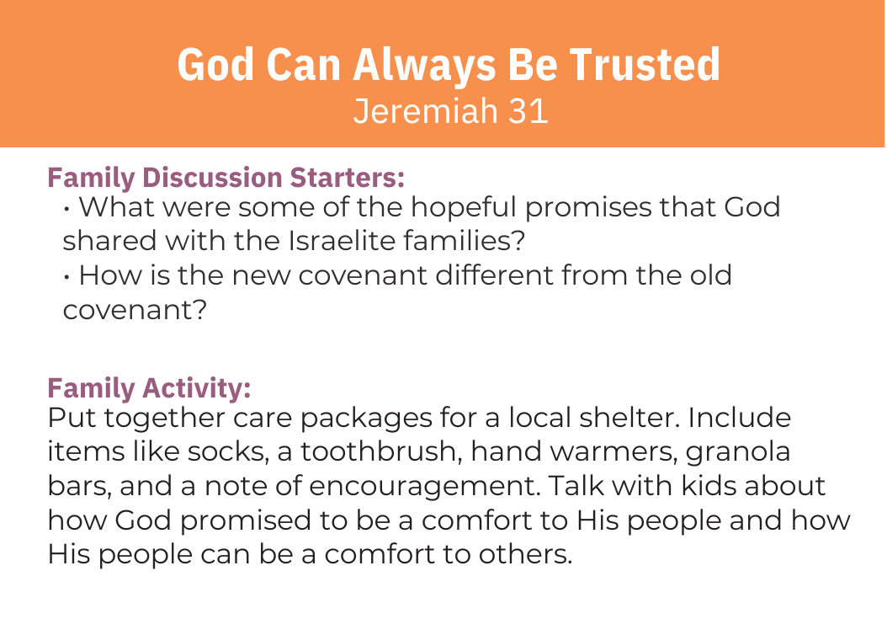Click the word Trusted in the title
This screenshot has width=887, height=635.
click(x=645, y=65)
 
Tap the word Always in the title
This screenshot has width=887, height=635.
click(x=424, y=66)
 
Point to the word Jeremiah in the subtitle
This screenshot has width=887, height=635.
click(x=425, y=111)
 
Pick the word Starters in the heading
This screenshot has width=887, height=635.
click(x=348, y=178)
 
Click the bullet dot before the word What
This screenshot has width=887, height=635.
click(x=66, y=210)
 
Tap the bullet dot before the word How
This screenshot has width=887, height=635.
click(x=66, y=277)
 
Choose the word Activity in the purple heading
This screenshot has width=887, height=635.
click(x=197, y=389)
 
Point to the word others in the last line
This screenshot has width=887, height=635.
click(x=525, y=554)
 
